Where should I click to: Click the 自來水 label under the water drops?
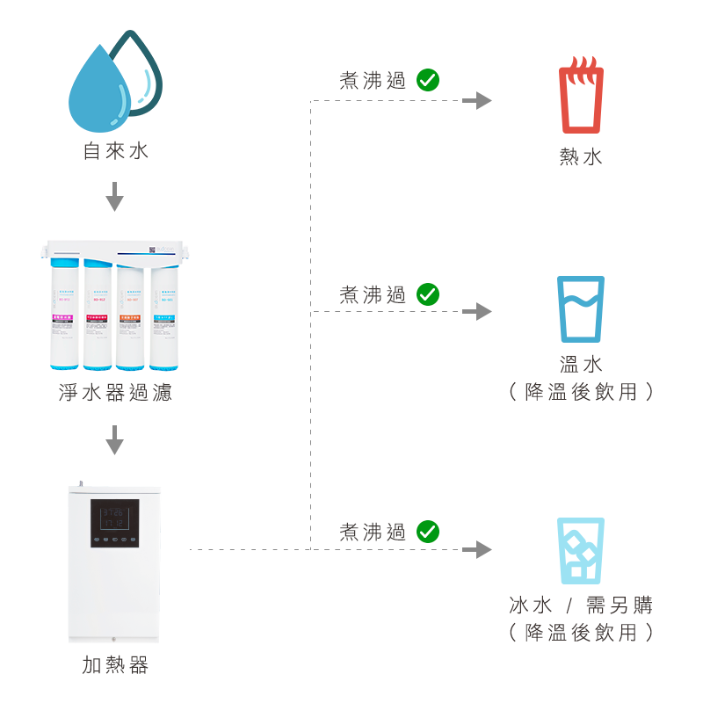click(x=115, y=151)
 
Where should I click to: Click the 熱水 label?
click(x=581, y=157)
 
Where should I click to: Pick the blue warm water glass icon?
click(x=581, y=309)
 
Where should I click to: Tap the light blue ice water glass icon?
click(x=581, y=551)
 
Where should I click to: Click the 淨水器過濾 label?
click(x=115, y=392)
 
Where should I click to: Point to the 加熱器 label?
click(x=115, y=664)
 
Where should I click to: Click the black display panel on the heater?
click(x=114, y=524)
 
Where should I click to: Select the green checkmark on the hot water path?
click(x=428, y=80)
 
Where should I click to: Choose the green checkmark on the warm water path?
click(x=428, y=294)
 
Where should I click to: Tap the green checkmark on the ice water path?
click(x=428, y=531)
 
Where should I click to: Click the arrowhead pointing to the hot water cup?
click(x=478, y=100)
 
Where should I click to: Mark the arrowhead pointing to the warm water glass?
click(x=478, y=311)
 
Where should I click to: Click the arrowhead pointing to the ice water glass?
click(x=478, y=550)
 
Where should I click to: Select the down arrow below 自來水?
click(x=114, y=198)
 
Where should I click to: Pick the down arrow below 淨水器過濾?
click(x=114, y=440)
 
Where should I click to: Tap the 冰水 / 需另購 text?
click(x=581, y=605)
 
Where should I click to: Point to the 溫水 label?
click(x=581, y=364)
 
